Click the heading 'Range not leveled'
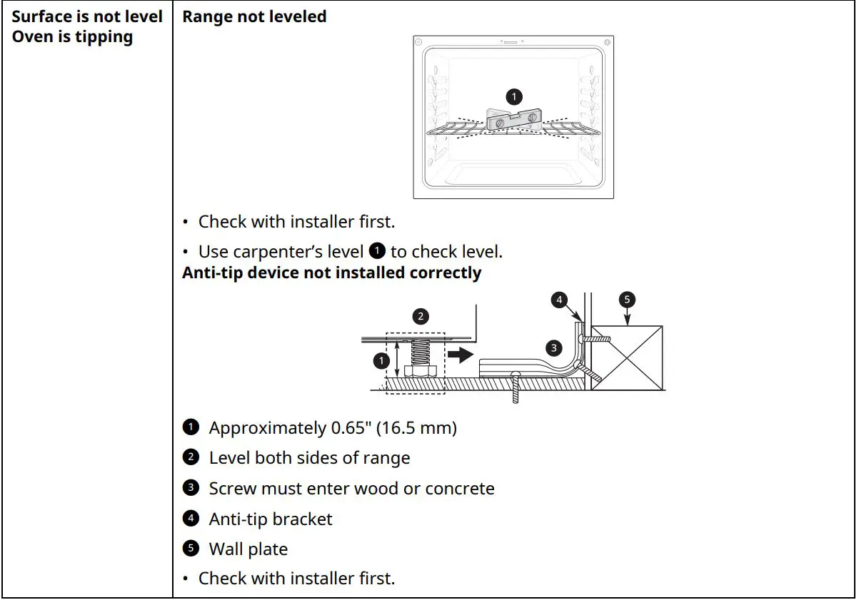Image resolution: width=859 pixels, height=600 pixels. tap(254, 17)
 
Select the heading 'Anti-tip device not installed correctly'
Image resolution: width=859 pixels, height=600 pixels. tap(331, 273)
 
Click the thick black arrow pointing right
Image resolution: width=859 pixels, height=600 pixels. tap(460, 353)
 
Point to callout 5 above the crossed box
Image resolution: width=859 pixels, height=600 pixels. tap(627, 300)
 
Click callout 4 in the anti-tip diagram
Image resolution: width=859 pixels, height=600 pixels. tap(559, 300)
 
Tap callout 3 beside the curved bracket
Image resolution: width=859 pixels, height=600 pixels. tap(553, 348)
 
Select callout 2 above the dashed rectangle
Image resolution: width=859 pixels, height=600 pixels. tap(421, 315)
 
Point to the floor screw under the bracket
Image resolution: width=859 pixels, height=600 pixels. tap(515, 388)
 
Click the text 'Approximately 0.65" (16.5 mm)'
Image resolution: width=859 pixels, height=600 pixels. tap(332, 428)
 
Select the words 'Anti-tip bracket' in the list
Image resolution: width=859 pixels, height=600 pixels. tap(270, 519)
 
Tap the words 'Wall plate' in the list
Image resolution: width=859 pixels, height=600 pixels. tap(248, 549)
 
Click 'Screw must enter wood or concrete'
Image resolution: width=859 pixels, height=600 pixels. tap(351, 489)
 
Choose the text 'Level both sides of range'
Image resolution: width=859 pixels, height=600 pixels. tap(309, 458)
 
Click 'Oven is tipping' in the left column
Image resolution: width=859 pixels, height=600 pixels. tap(72, 37)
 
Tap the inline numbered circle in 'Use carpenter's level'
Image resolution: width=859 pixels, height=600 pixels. tap(378, 251)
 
